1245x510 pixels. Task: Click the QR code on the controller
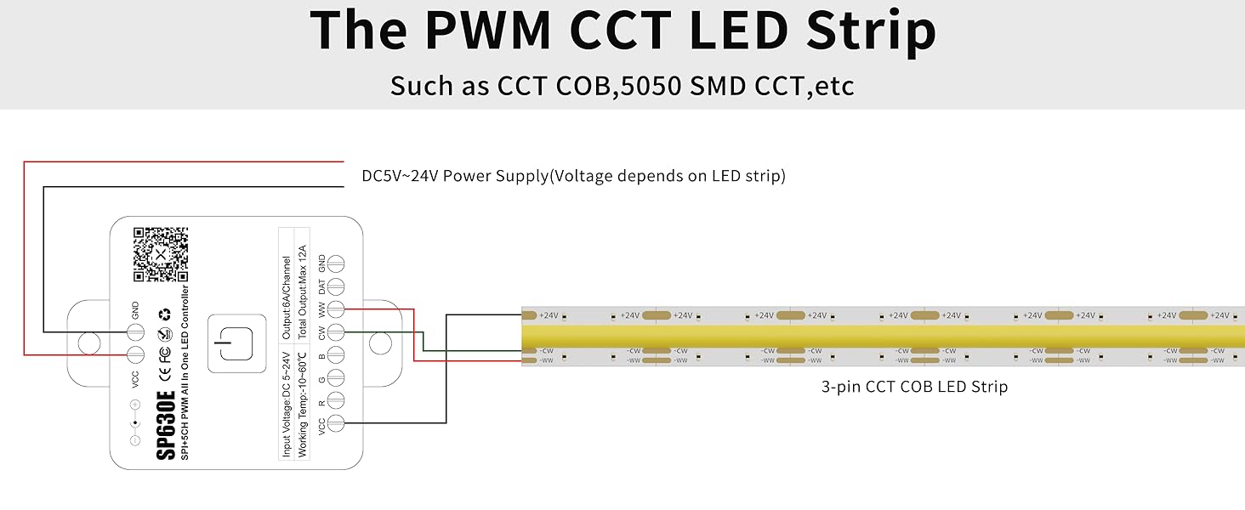(160, 253)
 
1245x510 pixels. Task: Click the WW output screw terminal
(336, 309)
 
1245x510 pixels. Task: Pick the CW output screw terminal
(336, 332)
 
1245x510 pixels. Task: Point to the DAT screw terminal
(336, 286)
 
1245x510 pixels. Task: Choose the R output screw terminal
(336, 399)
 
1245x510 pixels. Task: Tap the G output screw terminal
(336, 377)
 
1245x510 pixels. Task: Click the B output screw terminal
(336, 354)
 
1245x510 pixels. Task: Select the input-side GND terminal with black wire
(135, 331)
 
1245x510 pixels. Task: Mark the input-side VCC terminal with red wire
(135, 354)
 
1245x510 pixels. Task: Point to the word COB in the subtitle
(580, 86)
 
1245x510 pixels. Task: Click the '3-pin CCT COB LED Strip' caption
(914, 387)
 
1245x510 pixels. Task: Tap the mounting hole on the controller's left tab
(88, 343)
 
